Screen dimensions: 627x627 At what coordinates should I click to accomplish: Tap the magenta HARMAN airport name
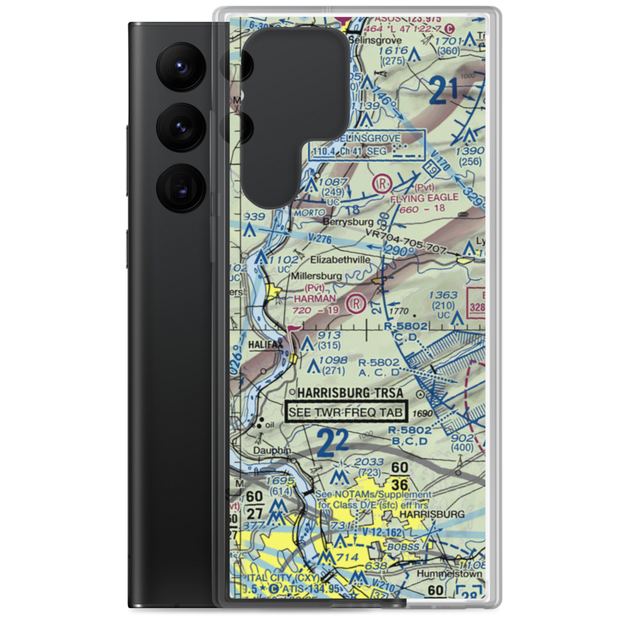coord(315,298)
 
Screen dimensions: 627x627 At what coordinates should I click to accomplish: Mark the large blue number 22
coord(332,443)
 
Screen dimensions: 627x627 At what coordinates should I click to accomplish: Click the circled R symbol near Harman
coord(357,303)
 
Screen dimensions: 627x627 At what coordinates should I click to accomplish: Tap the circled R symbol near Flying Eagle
coord(381,184)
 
